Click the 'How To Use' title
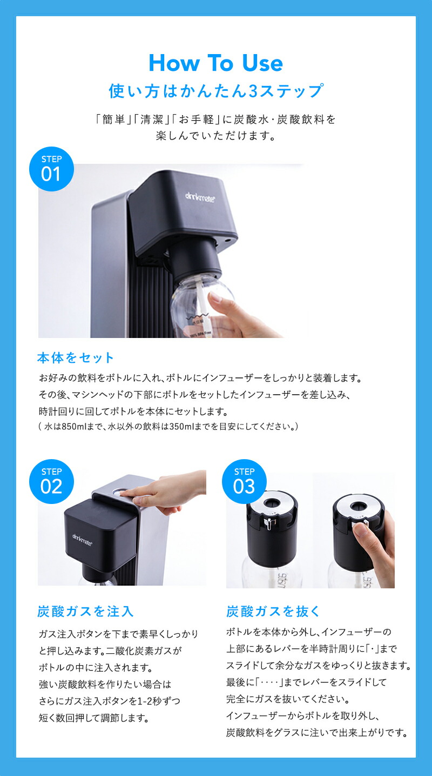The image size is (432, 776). pyautogui.click(x=215, y=63)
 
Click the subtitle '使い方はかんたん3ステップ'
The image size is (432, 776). pyautogui.click(x=215, y=91)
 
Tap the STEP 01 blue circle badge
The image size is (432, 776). pyautogui.click(x=51, y=169)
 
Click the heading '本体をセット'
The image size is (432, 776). pyautogui.click(x=76, y=357)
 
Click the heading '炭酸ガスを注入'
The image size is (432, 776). pyautogui.click(x=85, y=612)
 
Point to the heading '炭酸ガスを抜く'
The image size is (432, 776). pyautogui.click(x=273, y=612)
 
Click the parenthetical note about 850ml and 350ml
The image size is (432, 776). pyautogui.click(x=168, y=427)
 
